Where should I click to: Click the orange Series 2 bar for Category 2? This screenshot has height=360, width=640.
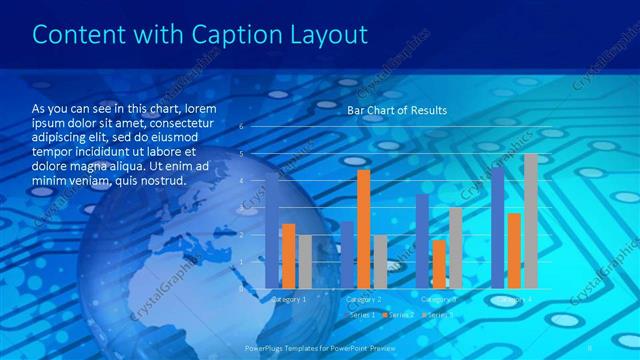(362, 229)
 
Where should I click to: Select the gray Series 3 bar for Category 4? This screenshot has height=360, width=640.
(530, 221)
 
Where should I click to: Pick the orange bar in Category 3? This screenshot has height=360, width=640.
(438, 263)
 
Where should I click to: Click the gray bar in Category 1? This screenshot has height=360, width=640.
(305, 261)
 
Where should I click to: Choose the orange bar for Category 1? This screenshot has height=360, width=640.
(288, 255)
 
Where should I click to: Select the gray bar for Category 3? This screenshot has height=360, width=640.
(455, 247)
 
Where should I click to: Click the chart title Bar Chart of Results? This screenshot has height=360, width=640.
(397, 110)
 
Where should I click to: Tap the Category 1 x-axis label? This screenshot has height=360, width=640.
(289, 299)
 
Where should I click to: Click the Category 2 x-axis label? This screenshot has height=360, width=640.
(364, 299)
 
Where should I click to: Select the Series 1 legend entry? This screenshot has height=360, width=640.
(362, 315)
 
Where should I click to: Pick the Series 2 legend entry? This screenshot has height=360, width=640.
(399, 315)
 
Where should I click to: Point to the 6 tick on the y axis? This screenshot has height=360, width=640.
(240, 127)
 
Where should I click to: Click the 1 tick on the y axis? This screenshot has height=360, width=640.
(240, 261)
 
